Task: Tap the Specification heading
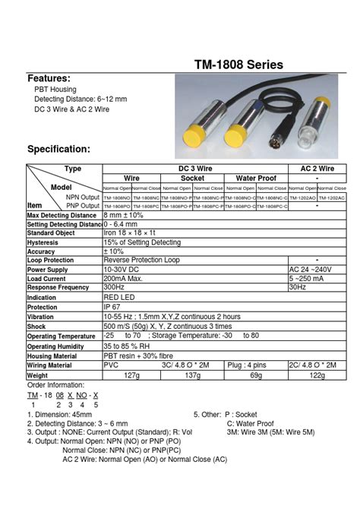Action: click(x=59, y=149)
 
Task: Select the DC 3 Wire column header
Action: click(x=194, y=168)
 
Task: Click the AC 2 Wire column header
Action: click(x=317, y=168)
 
